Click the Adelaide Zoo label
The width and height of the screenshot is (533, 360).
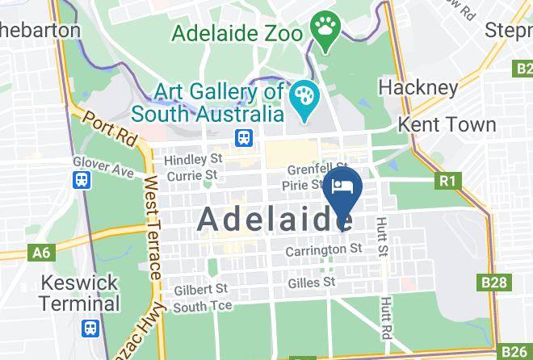[x=236, y=35]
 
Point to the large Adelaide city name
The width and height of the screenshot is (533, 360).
[x=275, y=219]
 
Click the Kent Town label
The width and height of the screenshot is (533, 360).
[x=447, y=125]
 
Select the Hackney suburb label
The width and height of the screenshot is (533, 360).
[x=418, y=87]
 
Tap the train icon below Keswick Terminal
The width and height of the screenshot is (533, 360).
[x=91, y=329]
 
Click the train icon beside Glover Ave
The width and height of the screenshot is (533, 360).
[x=82, y=179]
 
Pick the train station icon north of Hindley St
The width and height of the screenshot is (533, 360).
[x=244, y=138]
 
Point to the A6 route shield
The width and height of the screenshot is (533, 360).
[x=41, y=253]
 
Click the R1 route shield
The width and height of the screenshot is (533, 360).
[x=447, y=181]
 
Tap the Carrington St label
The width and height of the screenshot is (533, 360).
[x=323, y=251]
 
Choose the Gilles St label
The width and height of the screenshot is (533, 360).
[x=311, y=283]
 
